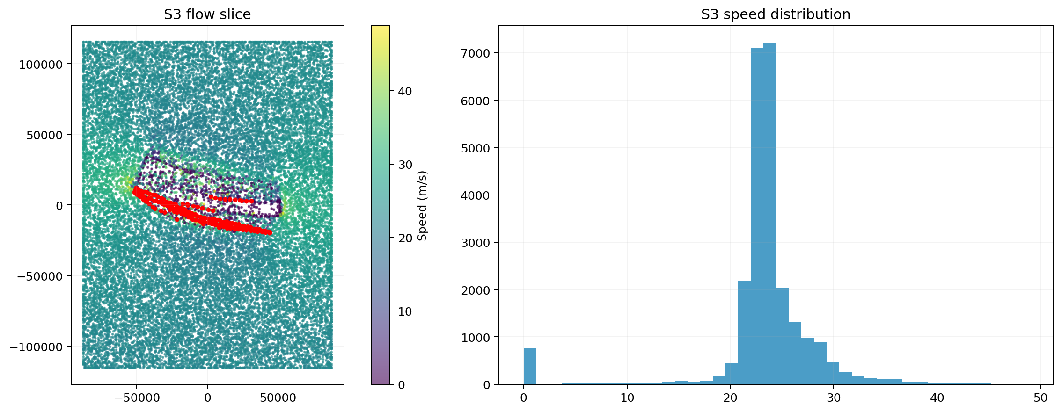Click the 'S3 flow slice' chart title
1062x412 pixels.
tap(207, 14)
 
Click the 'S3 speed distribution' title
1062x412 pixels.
tap(775, 14)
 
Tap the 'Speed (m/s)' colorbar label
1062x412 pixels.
tap(422, 205)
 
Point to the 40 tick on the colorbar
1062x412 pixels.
tap(405, 91)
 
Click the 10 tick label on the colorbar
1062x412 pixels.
tap(405, 311)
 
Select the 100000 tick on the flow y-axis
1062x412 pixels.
tap(41, 64)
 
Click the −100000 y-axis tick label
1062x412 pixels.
tap(37, 347)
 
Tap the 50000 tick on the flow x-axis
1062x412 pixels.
tap(278, 398)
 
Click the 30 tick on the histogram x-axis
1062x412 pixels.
tap(834, 398)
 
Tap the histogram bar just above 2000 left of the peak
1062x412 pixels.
tap(744, 332)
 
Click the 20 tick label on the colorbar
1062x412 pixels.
tap(405, 238)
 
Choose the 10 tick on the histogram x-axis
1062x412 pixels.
tap(627, 398)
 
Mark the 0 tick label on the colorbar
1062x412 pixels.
tap(401, 385)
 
